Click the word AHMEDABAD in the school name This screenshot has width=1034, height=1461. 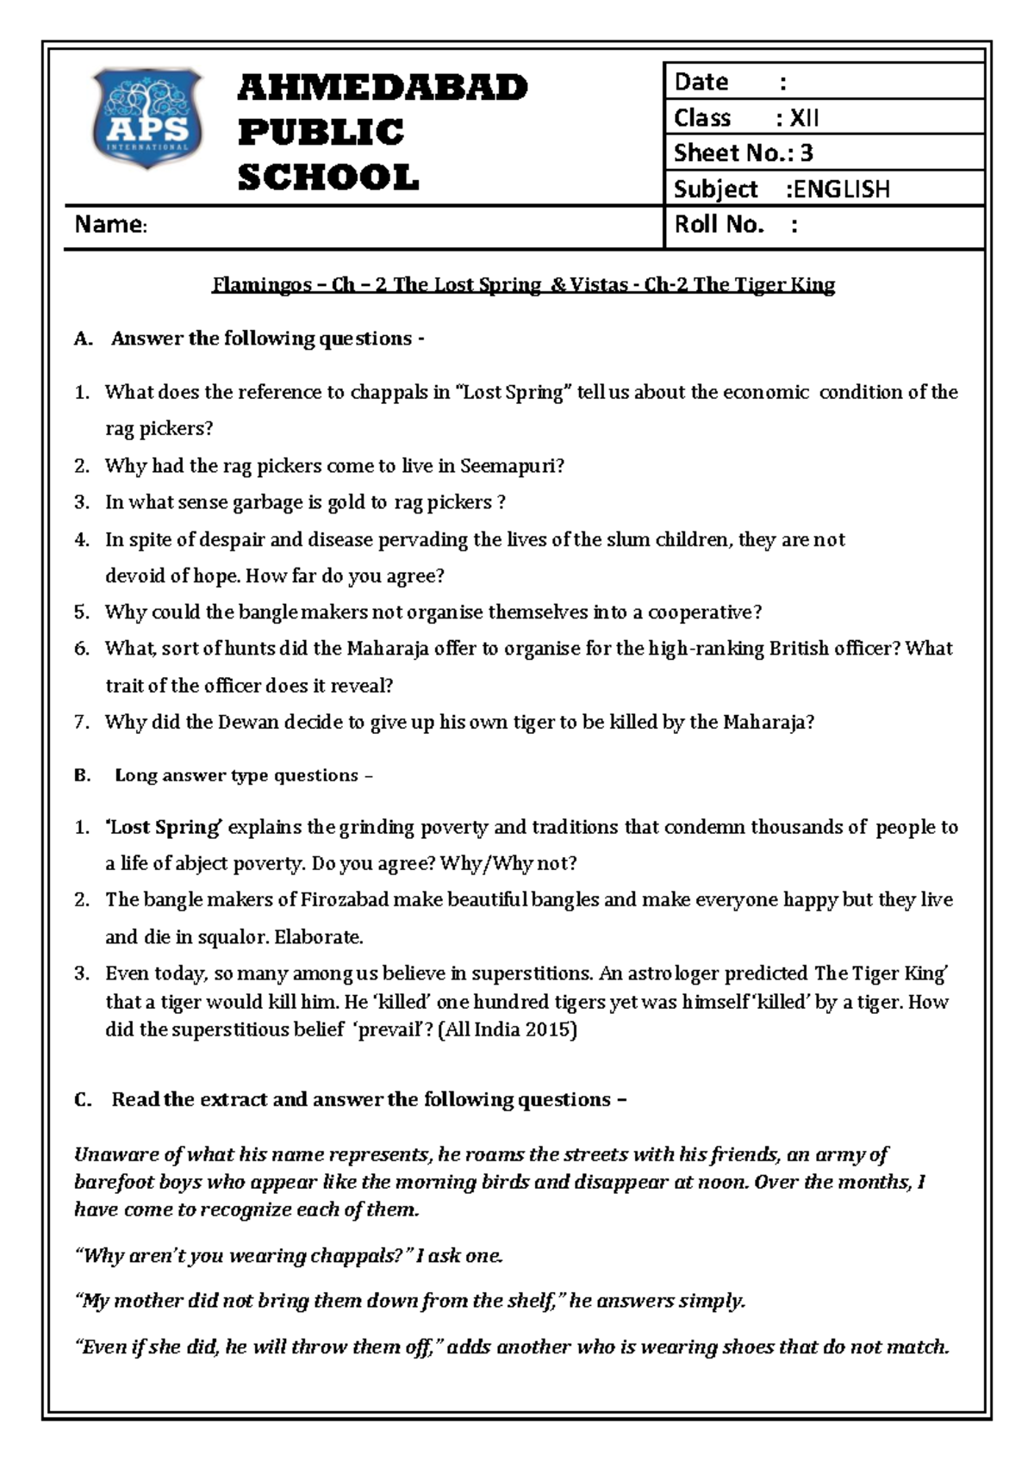coord(383,88)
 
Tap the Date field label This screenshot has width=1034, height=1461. coord(701,82)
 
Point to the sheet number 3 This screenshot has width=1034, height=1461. coord(807,153)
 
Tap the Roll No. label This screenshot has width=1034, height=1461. coord(719,225)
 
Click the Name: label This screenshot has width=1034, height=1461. coord(111,225)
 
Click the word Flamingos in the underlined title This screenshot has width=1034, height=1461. coord(262,285)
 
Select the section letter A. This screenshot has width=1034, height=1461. coord(83,339)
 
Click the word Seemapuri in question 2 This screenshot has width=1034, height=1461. coord(511,466)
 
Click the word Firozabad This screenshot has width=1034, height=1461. coord(344,900)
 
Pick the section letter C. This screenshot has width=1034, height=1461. coord(83,1100)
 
